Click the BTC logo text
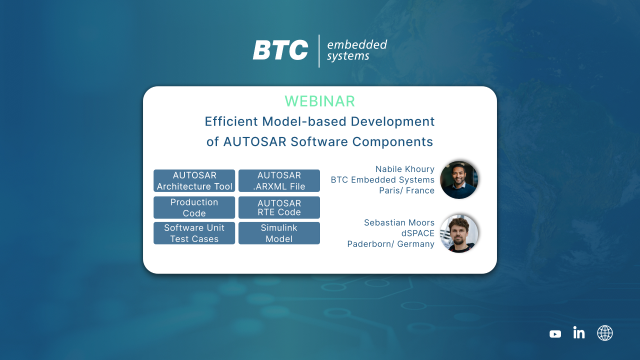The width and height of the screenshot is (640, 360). [x=281, y=51]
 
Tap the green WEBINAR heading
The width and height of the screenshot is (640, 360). [x=319, y=102]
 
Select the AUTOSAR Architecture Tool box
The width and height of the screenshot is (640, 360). [x=194, y=180]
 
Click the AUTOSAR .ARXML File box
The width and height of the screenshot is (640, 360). [x=279, y=180]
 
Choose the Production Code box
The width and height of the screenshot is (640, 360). [x=194, y=207]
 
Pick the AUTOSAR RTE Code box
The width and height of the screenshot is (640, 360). [x=279, y=207]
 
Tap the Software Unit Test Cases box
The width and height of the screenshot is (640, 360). [x=194, y=233]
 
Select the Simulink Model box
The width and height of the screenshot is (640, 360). [x=279, y=233]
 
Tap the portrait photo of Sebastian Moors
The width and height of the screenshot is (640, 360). [x=460, y=232]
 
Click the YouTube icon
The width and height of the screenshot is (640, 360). [x=555, y=333]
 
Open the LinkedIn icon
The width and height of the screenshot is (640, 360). [x=579, y=333]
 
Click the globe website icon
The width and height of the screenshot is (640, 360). [x=604, y=333]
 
